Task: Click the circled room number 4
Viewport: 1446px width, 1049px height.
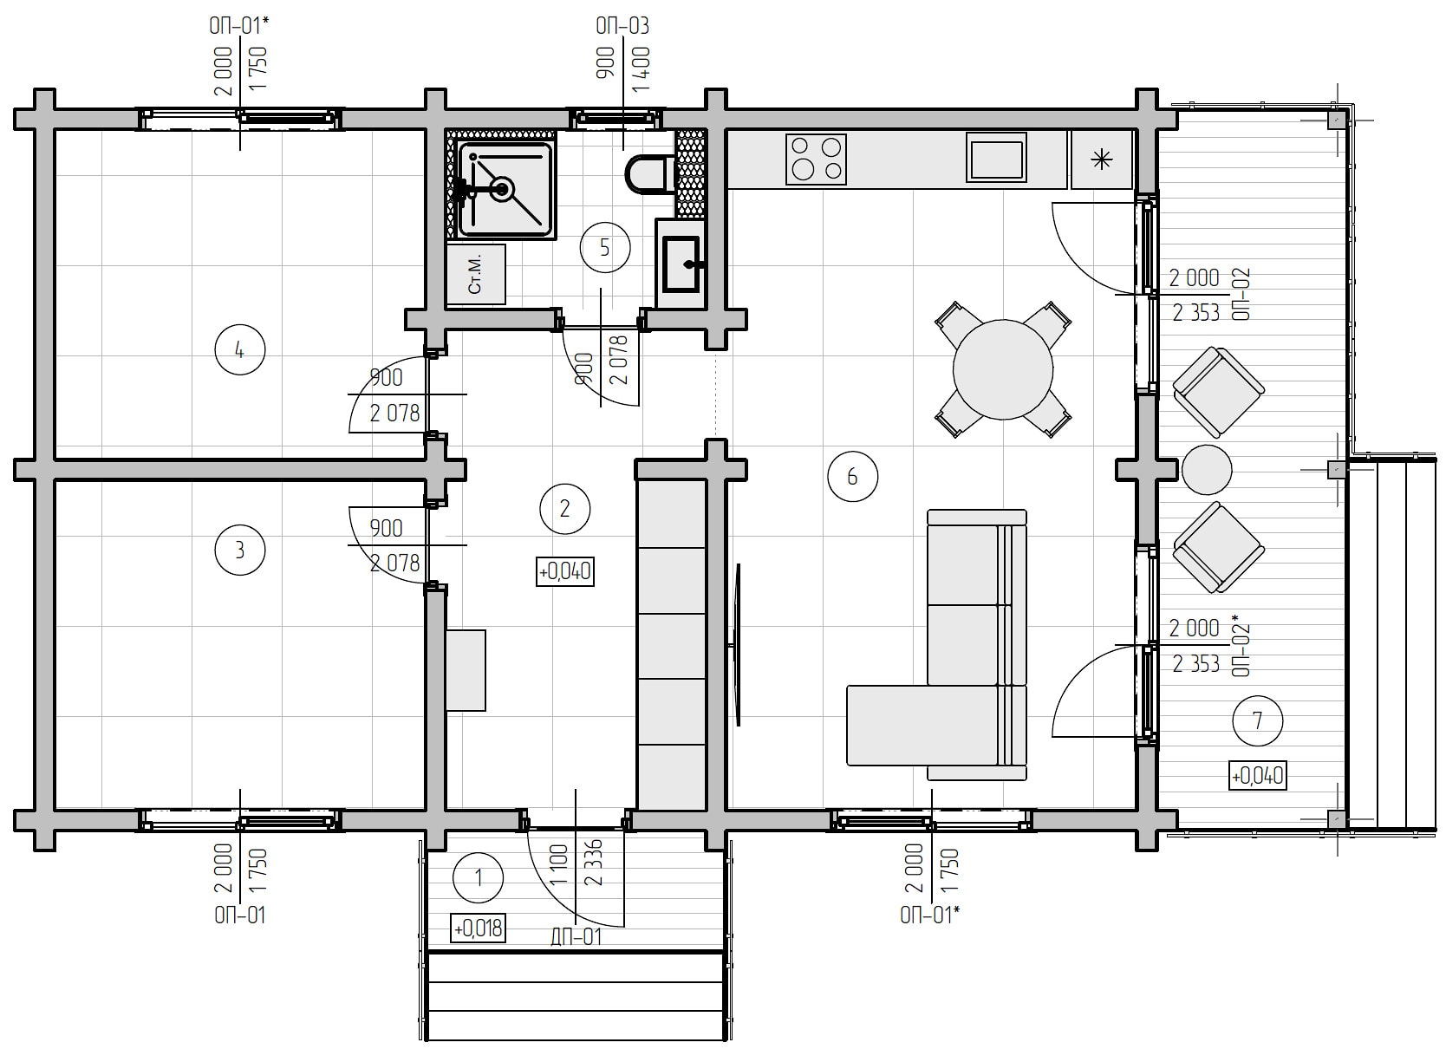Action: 239,350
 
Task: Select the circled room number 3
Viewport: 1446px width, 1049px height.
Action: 239,551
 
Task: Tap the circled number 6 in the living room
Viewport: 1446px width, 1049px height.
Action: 852,477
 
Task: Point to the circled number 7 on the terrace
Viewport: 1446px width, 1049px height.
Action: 1257,720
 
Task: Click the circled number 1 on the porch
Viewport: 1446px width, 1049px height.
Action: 479,878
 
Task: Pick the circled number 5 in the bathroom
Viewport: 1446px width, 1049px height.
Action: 605,247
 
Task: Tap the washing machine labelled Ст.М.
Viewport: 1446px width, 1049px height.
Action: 476,274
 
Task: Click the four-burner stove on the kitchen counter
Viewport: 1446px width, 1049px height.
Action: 816,160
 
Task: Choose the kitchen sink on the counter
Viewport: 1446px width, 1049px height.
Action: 996,158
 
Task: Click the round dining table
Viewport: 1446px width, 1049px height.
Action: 1002,370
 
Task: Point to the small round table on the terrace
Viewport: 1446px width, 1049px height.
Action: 1207,470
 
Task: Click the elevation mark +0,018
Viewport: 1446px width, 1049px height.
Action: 478,928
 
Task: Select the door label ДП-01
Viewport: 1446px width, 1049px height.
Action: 576,936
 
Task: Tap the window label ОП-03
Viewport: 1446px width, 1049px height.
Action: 622,26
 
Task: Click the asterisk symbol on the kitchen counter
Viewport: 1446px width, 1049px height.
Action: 1101,159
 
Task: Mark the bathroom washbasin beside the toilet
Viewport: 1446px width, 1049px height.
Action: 681,264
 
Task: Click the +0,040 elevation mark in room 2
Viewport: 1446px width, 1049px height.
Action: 565,572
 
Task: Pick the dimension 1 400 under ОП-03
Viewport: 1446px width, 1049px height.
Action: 641,69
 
